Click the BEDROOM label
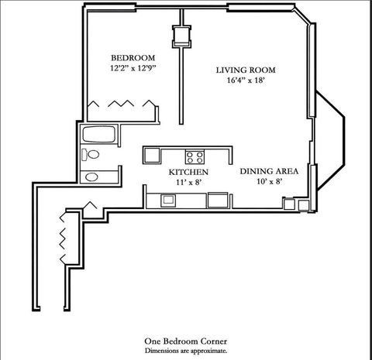[x=133, y=58]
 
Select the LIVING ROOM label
[x=245, y=70]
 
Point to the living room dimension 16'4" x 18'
[x=245, y=81]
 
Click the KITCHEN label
[x=188, y=171]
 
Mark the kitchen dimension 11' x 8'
[x=188, y=182]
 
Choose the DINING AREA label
[x=266, y=171]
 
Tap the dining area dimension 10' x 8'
[x=266, y=182]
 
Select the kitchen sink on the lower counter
[x=168, y=201]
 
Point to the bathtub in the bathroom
[x=99, y=135]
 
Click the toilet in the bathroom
[x=92, y=155]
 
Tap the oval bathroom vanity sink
[x=91, y=177]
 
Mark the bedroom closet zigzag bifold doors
[x=119, y=104]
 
